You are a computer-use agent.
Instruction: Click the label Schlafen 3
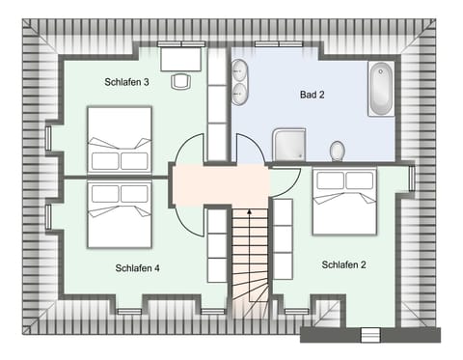[126, 83]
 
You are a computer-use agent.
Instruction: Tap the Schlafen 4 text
[137, 267]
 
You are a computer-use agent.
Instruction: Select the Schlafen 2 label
[344, 263]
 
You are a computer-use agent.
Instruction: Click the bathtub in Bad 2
[381, 89]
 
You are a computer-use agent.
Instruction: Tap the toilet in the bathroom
[337, 151]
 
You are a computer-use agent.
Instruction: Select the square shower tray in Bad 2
[288, 145]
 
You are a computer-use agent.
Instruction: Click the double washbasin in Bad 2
[239, 81]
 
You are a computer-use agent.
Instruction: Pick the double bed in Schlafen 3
[120, 139]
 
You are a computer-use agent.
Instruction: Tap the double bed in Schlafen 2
[344, 201]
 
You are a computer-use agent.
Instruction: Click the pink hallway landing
[220, 183]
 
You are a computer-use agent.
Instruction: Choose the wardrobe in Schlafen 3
[217, 106]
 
